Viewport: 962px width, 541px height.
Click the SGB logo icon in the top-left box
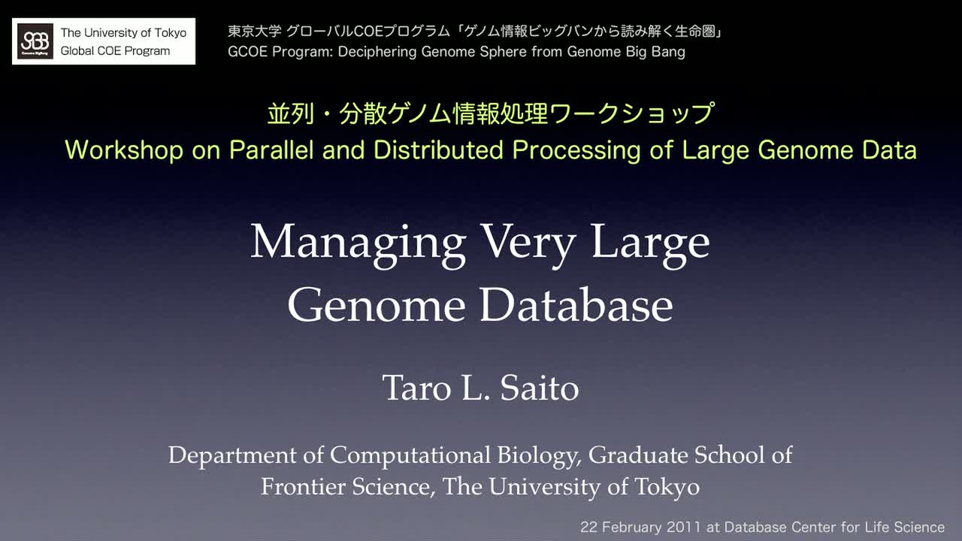tap(35, 41)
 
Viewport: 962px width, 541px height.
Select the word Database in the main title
tap(576, 305)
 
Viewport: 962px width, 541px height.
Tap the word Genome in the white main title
tap(377, 305)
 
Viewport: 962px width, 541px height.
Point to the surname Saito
tap(540, 388)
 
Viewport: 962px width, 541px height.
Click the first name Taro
tap(416, 388)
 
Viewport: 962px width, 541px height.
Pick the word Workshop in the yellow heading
tap(124, 150)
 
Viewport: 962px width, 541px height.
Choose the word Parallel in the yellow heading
tap(271, 150)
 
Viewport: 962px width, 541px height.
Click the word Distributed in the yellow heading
tap(438, 150)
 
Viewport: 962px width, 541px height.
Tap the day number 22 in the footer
tap(588, 527)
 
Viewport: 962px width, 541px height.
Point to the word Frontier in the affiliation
tap(303, 486)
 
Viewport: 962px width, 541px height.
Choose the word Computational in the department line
tap(410, 456)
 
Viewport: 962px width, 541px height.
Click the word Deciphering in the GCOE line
tap(377, 52)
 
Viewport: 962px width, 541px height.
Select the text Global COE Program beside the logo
tap(115, 51)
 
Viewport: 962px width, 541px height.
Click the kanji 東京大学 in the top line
tap(255, 32)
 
